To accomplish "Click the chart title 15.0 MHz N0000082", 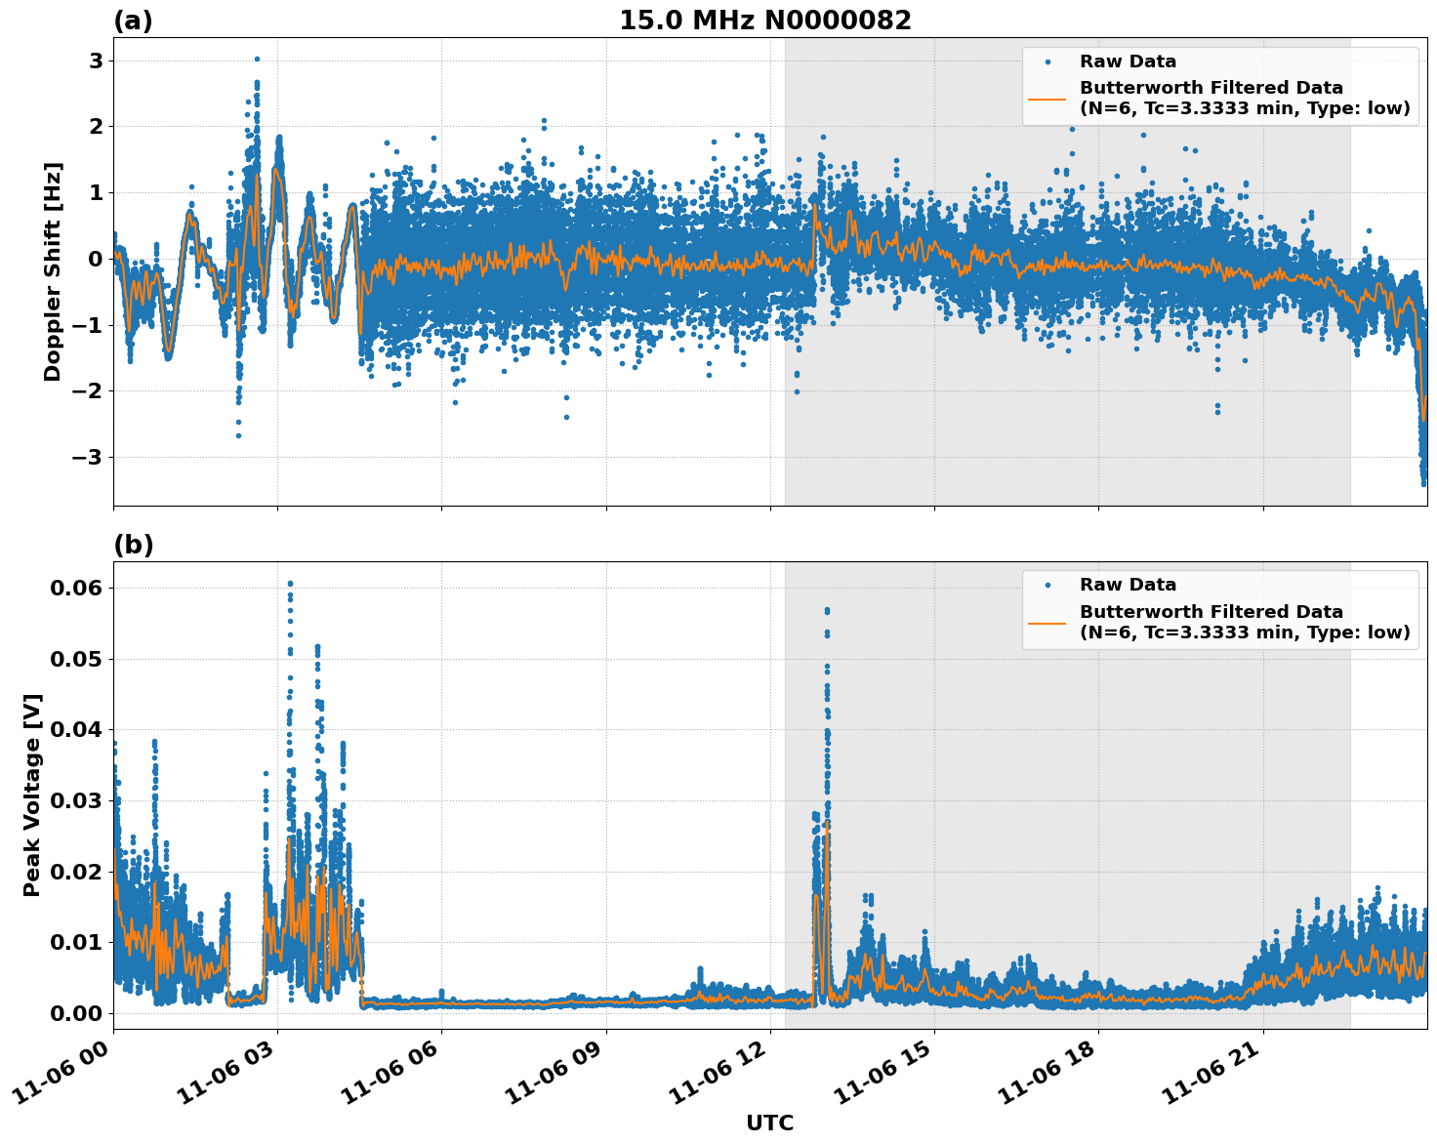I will pos(764,20).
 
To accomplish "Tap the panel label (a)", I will pos(133,20).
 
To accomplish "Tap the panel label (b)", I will pos(133,545).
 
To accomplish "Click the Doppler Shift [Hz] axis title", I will pos(53,271).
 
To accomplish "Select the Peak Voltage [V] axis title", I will pos(32,795).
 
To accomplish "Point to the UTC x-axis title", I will pos(769,1123).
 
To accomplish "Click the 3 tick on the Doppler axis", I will pos(96,61).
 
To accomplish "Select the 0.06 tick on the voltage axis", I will pos(76,588).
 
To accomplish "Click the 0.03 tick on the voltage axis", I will pos(76,800).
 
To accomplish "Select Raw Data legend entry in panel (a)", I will pos(1127,61).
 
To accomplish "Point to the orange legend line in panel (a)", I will pos(1047,98).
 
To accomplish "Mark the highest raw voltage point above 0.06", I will pos(290,584).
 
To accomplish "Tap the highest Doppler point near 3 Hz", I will pos(257,59).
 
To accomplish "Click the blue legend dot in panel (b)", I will pos(1047,585).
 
